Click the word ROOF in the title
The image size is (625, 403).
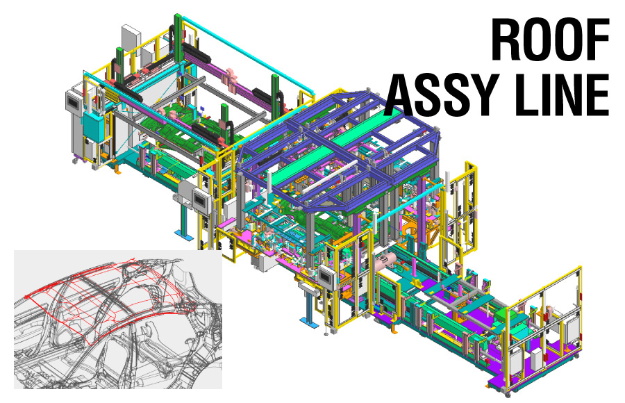click(x=550, y=40)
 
